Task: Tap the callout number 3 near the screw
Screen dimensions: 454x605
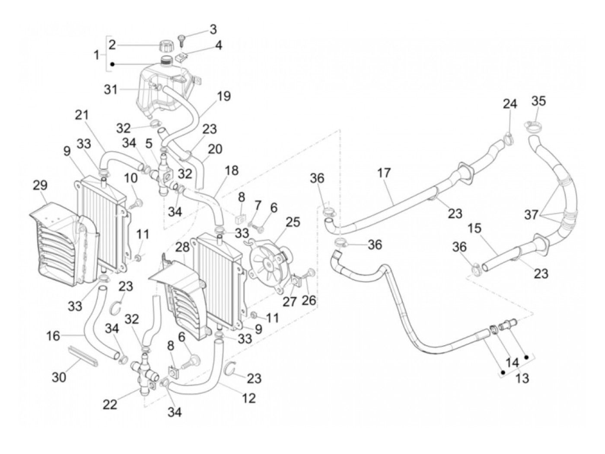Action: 213,30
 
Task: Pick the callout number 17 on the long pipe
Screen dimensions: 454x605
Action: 383,173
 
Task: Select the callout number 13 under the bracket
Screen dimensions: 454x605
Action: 522,378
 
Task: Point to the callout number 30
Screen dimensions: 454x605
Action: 59,377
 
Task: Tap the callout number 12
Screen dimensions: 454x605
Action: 249,397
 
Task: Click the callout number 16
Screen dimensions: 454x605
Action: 54,335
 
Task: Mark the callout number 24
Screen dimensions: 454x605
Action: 509,104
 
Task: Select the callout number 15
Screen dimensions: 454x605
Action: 474,228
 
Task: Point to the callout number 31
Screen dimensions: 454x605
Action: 110,89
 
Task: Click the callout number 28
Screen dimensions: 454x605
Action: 182,247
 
